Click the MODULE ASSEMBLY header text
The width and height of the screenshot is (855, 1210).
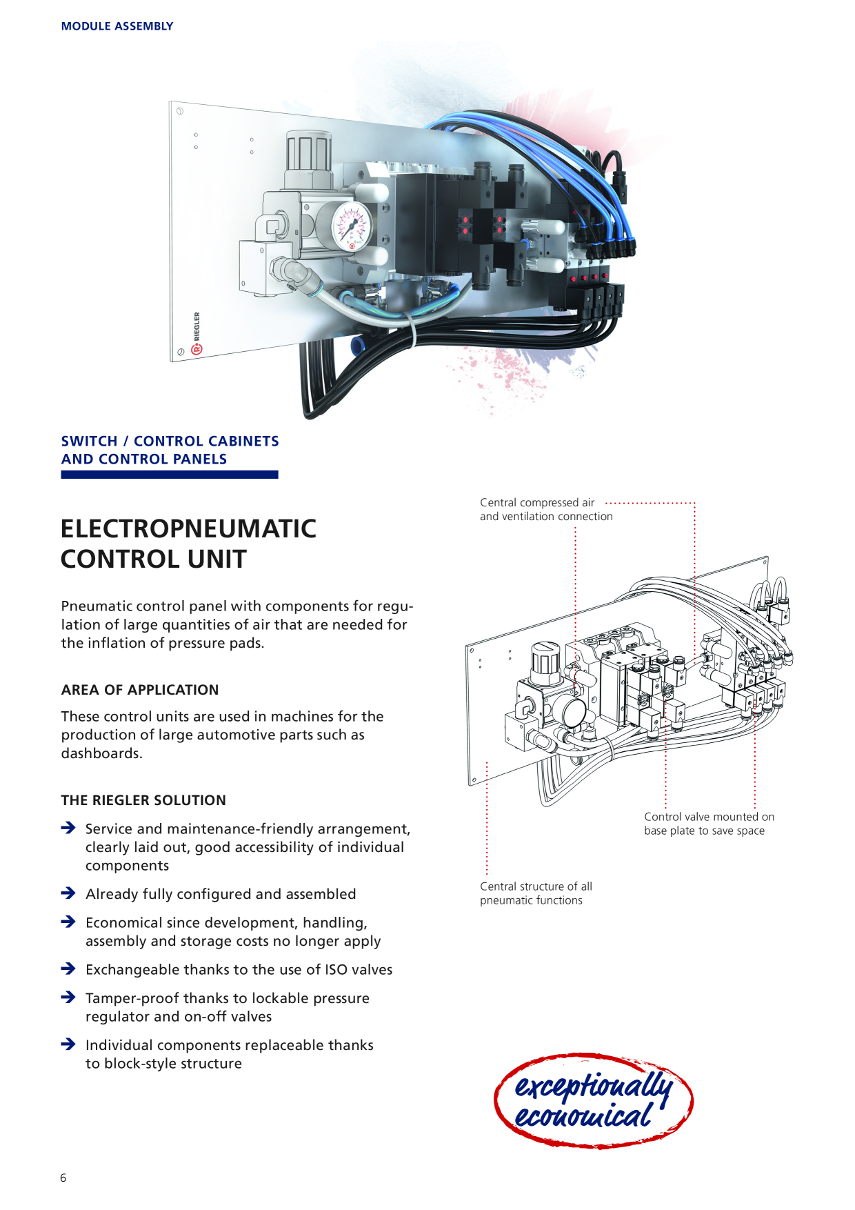[x=117, y=26]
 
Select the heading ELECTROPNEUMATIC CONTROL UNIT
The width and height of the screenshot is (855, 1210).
[x=188, y=544]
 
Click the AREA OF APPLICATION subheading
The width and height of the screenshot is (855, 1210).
[x=140, y=690]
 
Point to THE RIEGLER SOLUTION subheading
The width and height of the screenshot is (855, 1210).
[x=143, y=800]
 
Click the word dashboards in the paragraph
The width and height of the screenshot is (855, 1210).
[x=101, y=753]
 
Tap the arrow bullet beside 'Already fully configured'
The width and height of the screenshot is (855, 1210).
[x=68, y=893]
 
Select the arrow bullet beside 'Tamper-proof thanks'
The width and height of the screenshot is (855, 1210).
[x=68, y=998]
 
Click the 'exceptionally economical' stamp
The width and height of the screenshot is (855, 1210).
[x=594, y=1100]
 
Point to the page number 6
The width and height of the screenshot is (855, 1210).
[x=63, y=1178]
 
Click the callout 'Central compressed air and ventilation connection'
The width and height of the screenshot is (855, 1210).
[x=546, y=510]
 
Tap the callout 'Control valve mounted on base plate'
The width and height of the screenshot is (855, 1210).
[x=710, y=824]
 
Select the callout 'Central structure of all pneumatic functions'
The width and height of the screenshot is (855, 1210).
[x=536, y=893]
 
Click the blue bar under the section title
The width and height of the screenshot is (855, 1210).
[x=170, y=475]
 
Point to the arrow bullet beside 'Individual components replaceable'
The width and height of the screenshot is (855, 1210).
[x=68, y=1044]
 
